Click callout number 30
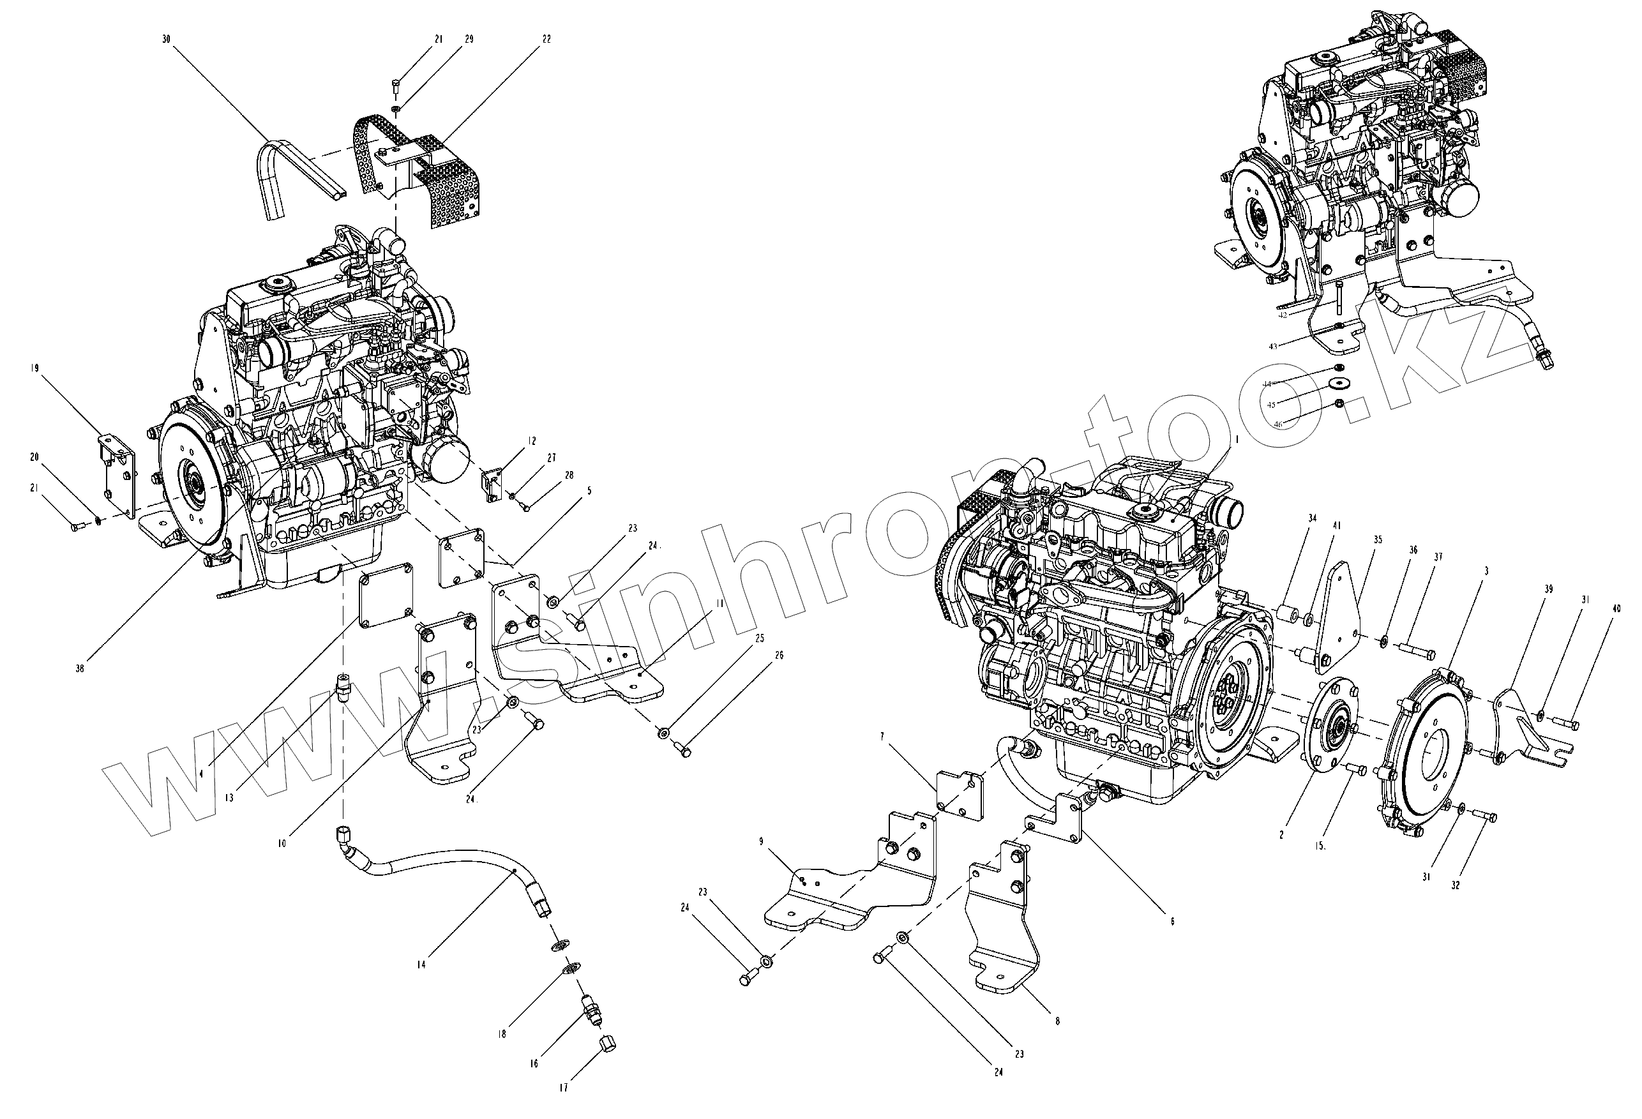(166, 40)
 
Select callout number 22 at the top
(546, 40)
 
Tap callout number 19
(34, 368)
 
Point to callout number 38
(80, 668)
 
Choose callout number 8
(1057, 1021)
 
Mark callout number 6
(1171, 921)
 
